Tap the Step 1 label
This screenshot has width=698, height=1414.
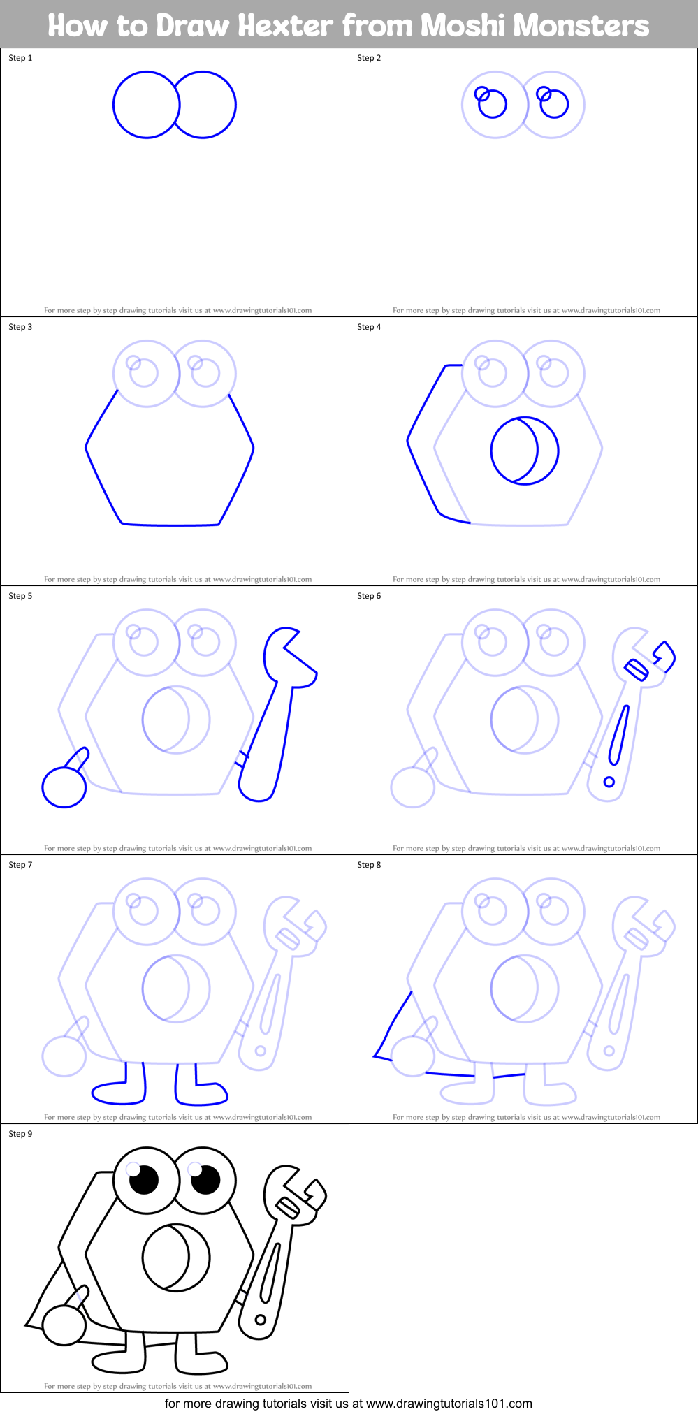pyautogui.click(x=20, y=58)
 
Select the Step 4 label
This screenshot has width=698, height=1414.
pyautogui.click(x=369, y=327)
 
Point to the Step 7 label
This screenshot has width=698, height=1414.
pyautogui.click(x=20, y=865)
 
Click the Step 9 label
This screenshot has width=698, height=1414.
pyautogui.click(x=20, y=1134)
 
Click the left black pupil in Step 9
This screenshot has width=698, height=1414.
pyautogui.click(x=145, y=1180)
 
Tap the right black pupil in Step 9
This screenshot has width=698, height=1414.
pyautogui.click(x=205, y=1180)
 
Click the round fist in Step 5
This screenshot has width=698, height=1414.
pyautogui.click(x=64, y=787)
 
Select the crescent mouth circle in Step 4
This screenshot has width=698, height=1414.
pyautogui.click(x=525, y=451)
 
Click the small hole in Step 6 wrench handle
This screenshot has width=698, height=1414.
pyautogui.click(x=609, y=781)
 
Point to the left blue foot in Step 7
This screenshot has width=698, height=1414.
pyautogui.click(x=119, y=1093)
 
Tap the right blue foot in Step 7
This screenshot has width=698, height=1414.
pyautogui.click(x=203, y=1094)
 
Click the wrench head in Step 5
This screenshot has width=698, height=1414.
pyautogui.click(x=286, y=655)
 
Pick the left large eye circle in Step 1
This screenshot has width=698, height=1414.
pyautogui.click(x=146, y=105)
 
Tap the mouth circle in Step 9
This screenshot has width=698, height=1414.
pyautogui.click(x=176, y=1258)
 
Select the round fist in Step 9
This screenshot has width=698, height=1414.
pyautogui.click(x=64, y=1325)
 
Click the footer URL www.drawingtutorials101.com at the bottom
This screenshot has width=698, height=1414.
pyautogui.click(x=449, y=1403)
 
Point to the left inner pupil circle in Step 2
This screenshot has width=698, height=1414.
pyautogui.click(x=492, y=104)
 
